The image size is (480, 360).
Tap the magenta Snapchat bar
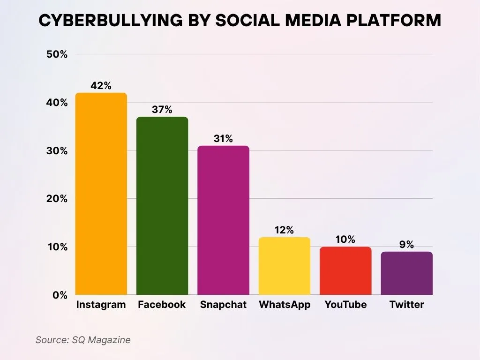[223, 220]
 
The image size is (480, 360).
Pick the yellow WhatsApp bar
[285, 266]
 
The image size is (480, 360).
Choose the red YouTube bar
[345, 270]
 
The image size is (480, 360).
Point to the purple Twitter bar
[406, 273]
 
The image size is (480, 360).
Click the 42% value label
[101, 86]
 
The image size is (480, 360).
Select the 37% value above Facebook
[162, 110]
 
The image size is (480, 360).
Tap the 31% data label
[223, 139]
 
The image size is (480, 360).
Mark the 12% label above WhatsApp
[284, 230]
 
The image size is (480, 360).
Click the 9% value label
[406, 245]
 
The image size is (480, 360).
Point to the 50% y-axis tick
[57, 54]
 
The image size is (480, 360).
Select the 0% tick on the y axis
[60, 295]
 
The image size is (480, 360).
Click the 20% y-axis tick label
[57, 199]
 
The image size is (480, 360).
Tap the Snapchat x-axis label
[223, 305]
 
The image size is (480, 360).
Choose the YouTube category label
[345, 305]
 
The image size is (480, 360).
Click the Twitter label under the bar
[406, 305]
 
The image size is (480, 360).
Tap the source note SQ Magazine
[83, 340]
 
